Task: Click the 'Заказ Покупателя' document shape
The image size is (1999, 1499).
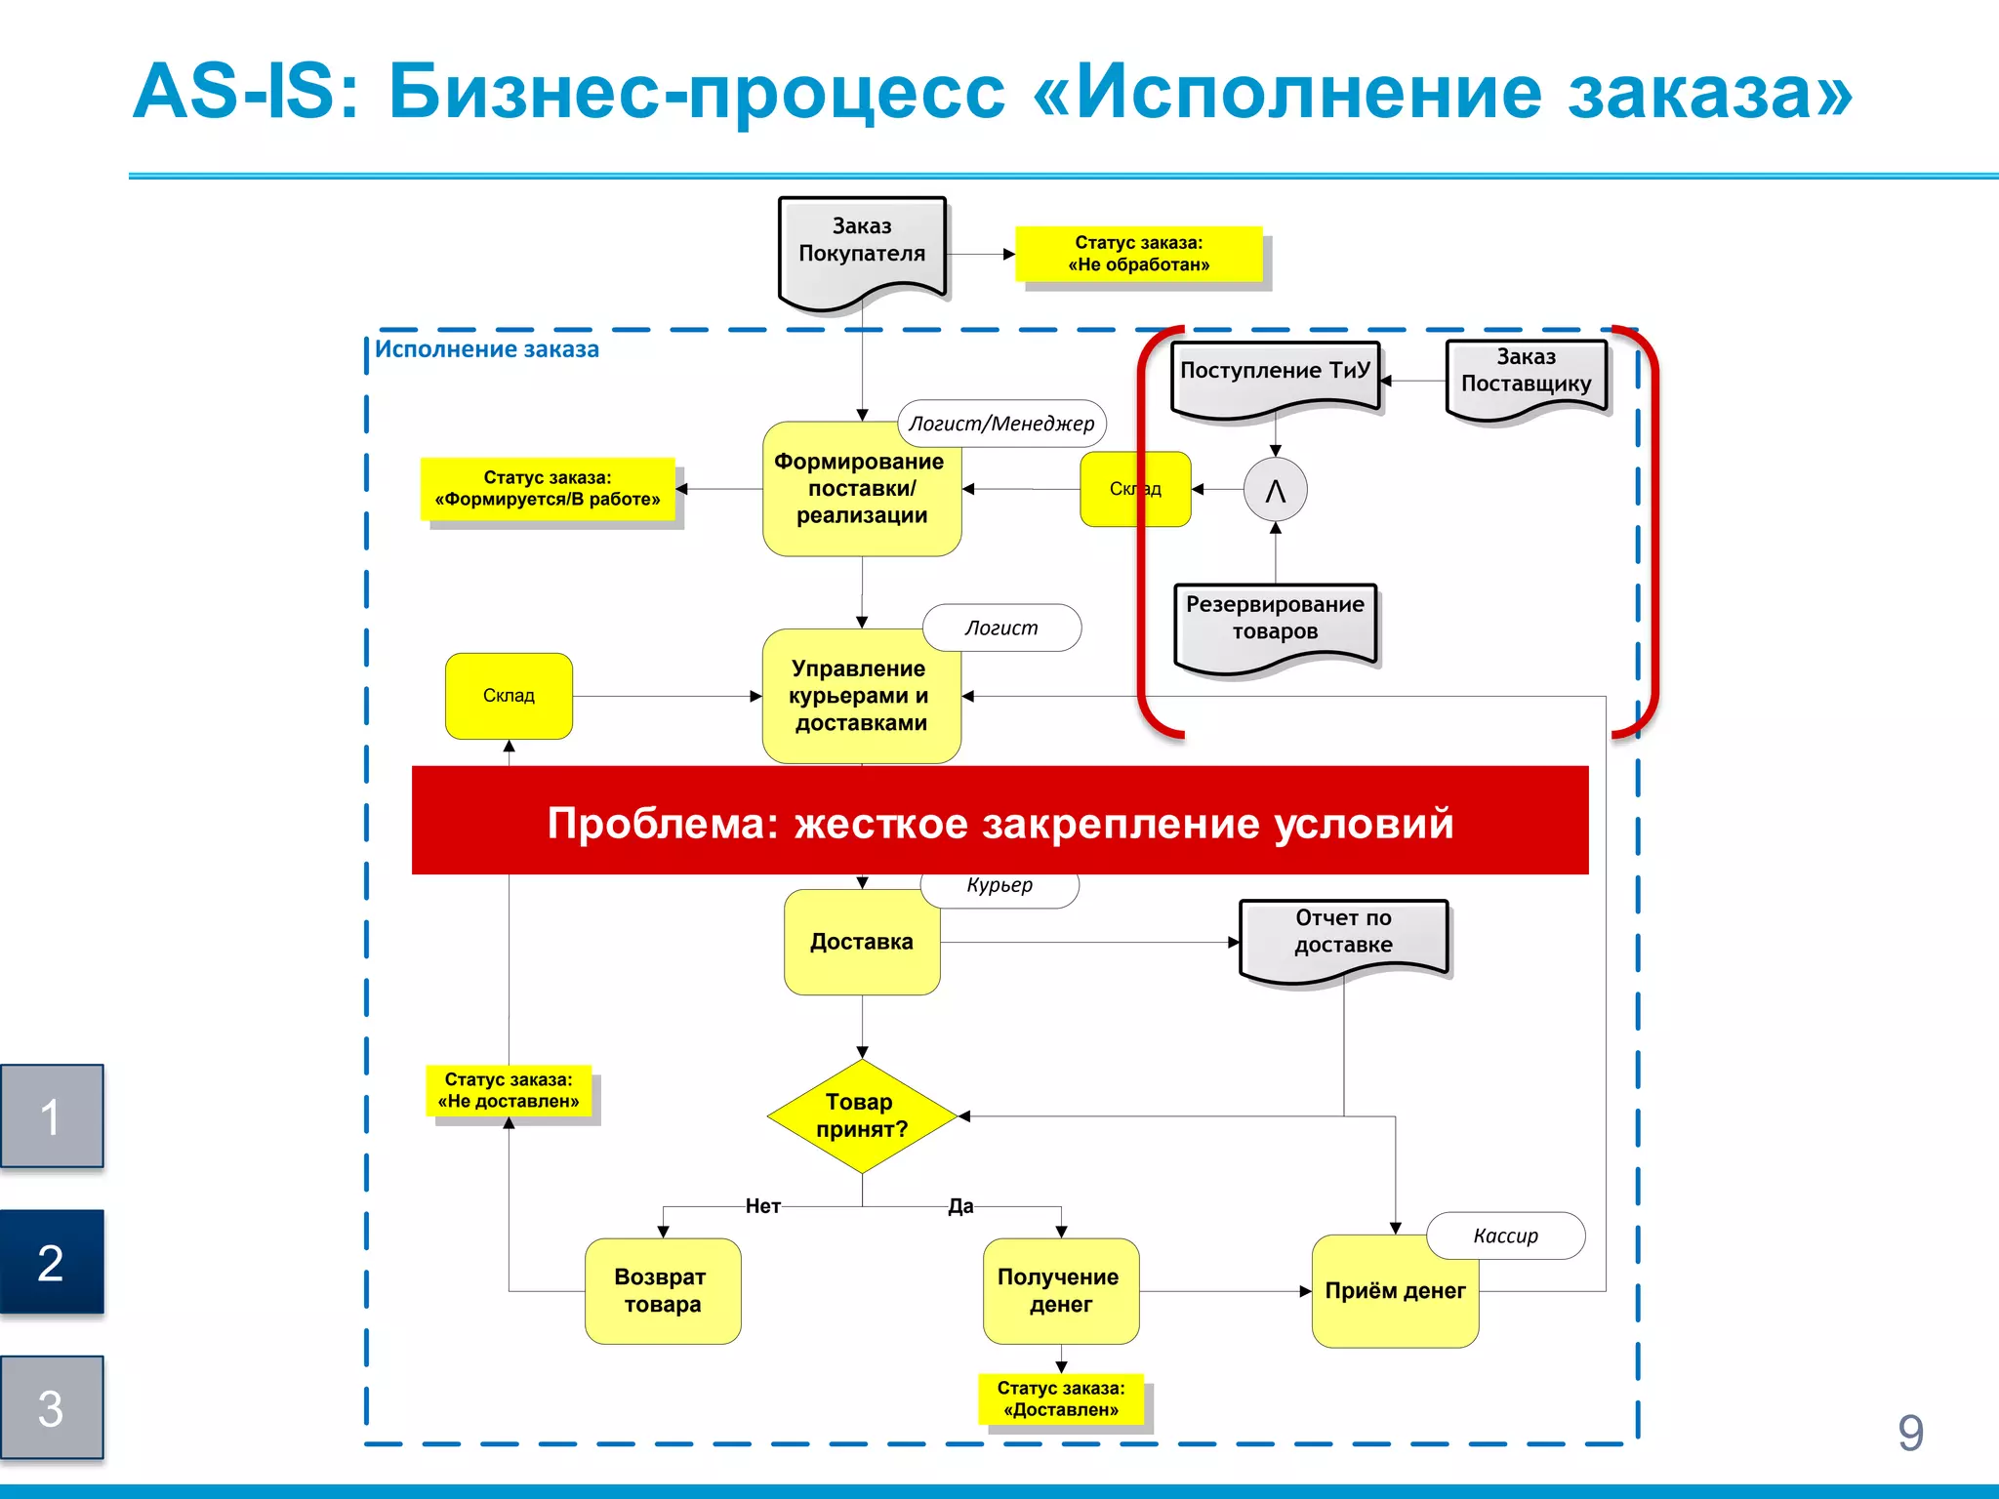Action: [x=861, y=249]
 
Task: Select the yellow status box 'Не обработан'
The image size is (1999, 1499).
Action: [x=1138, y=254]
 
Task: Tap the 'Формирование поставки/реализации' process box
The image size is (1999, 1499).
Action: [x=861, y=490]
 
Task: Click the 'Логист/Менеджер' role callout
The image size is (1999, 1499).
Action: [x=1001, y=424]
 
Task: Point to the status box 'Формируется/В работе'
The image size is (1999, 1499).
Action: [x=548, y=488]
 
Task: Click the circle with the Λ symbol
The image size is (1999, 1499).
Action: [x=1275, y=490]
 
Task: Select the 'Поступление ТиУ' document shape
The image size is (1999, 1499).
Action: [x=1275, y=376]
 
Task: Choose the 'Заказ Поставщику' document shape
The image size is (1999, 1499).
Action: [x=1526, y=376]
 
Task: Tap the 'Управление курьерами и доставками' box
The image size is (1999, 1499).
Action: [x=861, y=696]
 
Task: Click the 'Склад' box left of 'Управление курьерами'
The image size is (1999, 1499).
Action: [x=509, y=696]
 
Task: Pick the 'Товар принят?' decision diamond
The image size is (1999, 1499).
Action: [x=861, y=1115]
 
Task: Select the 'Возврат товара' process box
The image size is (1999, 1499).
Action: [x=663, y=1290]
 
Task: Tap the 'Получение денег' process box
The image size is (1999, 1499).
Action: [x=1060, y=1290]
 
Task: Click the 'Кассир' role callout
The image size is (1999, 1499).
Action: [x=1505, y=1236]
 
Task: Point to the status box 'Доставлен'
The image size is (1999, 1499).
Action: [x=1061, y=1398]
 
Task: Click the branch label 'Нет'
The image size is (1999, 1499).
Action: [x=762, y=1206]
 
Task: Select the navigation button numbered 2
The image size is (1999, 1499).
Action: [x=52, y=1262]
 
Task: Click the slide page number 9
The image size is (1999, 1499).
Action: [x=1910, y=1433]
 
